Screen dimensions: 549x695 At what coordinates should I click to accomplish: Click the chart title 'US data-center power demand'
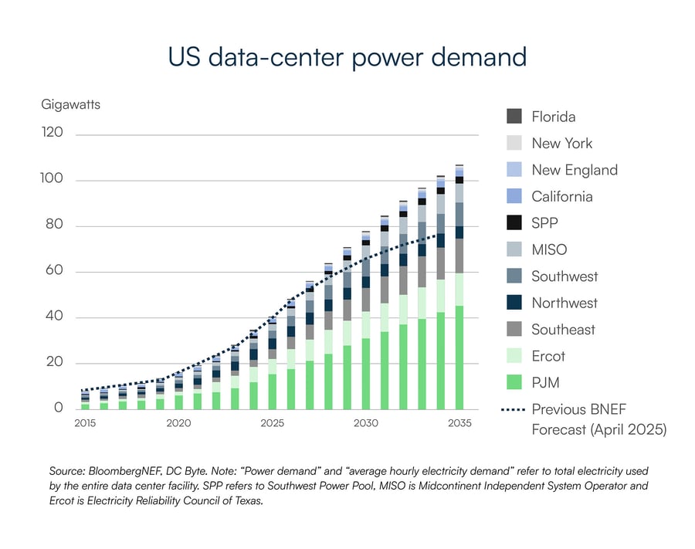(x=347, y=57)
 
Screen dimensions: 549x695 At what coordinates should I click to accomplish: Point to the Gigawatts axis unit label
(x=70, y=103)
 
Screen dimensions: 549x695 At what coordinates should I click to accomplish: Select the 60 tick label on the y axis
(x=53, y=271)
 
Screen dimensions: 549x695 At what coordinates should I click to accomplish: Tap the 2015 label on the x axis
(x=85, y=423)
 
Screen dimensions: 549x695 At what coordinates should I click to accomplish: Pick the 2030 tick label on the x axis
(x=365, y=423)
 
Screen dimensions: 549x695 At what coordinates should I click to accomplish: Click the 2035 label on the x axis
(x=459, y=423)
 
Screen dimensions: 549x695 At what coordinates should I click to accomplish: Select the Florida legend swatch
(x=514, y=117)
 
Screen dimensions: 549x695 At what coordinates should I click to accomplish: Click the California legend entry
(x=561, y=196)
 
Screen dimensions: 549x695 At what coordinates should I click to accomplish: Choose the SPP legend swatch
(x=514, y=222)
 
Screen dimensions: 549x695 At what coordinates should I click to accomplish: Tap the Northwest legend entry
(x=564, y=303)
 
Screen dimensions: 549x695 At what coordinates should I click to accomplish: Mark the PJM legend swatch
(x=514, y=382)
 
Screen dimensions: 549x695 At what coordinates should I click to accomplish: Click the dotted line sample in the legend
(x=514, y=409)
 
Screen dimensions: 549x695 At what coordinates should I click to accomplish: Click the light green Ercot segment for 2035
(x=459, y=290)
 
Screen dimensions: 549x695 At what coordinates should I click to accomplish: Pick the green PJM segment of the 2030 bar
(x=365, y=374)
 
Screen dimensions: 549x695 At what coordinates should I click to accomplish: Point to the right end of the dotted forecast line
(x=441, y=235)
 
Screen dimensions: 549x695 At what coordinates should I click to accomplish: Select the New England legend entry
(x=574, y=170)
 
